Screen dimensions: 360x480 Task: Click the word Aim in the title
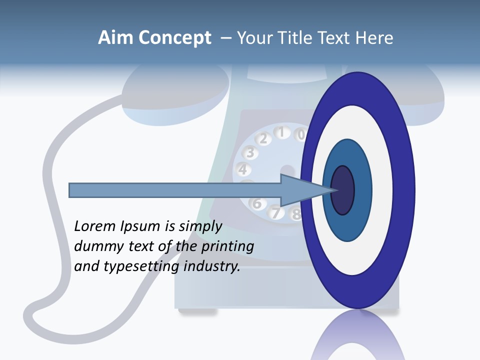click(115, 38)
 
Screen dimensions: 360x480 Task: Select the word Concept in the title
click(175, 38)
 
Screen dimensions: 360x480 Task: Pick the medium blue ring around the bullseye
click(362, 190)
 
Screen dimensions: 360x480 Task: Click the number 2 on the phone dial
click(263, 138)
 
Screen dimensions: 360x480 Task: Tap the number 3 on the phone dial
click(250, 152)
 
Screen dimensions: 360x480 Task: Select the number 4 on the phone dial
click(243, 169)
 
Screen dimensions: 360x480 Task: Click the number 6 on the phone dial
click(257, 203)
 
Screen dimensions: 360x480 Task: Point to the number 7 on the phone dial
click(275, 212)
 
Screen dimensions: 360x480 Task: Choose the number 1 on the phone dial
click(281, 132)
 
